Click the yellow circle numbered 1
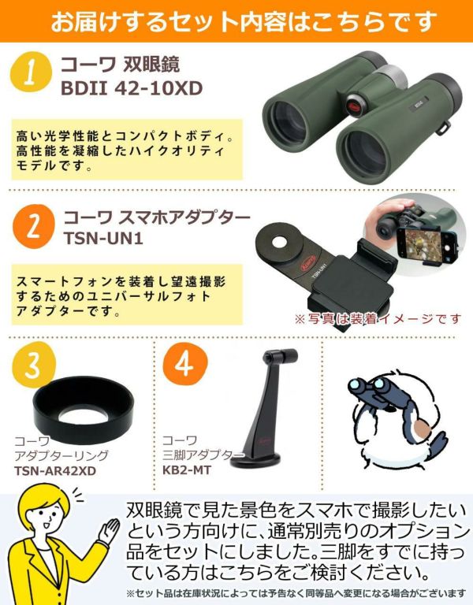(31, 72)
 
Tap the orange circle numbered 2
(33, 227)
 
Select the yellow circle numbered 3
(33, 365)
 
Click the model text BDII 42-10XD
(132, 89)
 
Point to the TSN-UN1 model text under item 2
(103, 238)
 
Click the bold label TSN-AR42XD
(55, 471)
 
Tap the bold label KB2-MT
(187, 470)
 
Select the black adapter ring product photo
(84, 410)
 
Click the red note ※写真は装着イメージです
(378, 319)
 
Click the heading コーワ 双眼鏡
(120, 65)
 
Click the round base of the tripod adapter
(256, 460)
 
